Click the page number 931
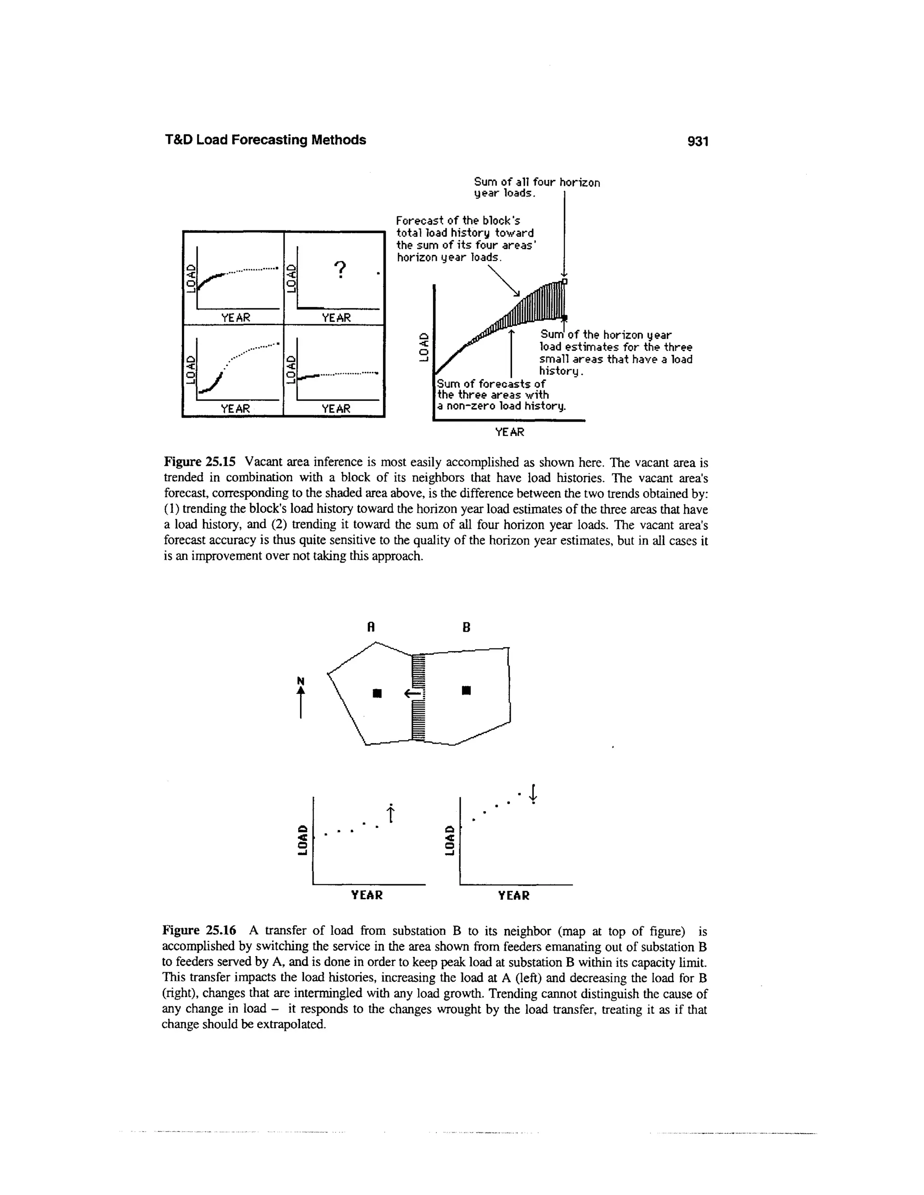click(x=698, y=141)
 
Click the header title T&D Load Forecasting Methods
click(x=265, y=140)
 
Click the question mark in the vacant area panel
click(x=340, y=270)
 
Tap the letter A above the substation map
click(x=370, y=628)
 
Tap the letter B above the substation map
click(x=467, y=628)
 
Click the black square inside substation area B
click(x=466, y=690)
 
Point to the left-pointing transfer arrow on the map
click(x=411, y=694)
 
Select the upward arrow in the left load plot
click(x=390, y=814)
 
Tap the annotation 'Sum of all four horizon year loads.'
click(x=536, y=187)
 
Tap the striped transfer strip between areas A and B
click(x=418, y=697)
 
